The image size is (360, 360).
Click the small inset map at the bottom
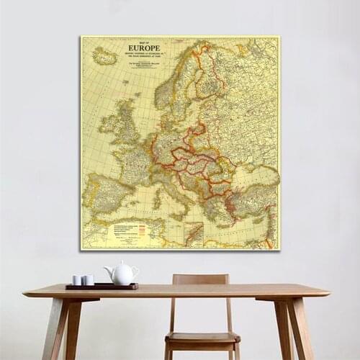pyautogui.click(x=193, y=233)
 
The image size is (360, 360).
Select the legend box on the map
pyautogui.click(x=130, y=232)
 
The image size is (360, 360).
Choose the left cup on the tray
pyautogui.click(x=77, y=280)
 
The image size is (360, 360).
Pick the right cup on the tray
pyautogui.click(x=88, y=280)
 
